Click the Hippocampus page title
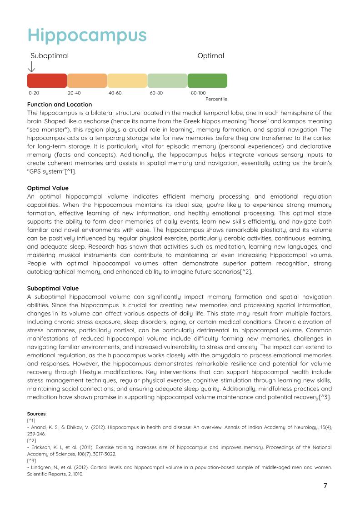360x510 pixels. tap(87, 35)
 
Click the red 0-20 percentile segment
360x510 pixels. tap(47, 80)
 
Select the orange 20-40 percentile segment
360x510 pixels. tap(87, 80)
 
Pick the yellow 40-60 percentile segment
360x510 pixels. tap(127, 80)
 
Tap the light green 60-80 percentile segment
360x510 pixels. tap(167, 80)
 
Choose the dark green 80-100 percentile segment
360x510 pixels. tap(207, 80)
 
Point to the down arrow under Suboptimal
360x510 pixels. tap(31, 66)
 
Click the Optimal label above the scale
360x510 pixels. tap(210, 56)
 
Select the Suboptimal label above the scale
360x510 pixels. tap(50, 56)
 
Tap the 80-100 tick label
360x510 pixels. tap(198, 93)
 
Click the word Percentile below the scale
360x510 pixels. tap(216, 99)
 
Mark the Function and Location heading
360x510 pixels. tap(60, 105)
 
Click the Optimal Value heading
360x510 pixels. tap(48, 188)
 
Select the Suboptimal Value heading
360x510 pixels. tap(53, 288)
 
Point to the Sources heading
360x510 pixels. tap(36, 414)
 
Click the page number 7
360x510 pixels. tap(325, 485)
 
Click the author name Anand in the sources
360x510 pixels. tap(37, 427)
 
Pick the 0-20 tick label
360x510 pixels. tap(34, 93)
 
